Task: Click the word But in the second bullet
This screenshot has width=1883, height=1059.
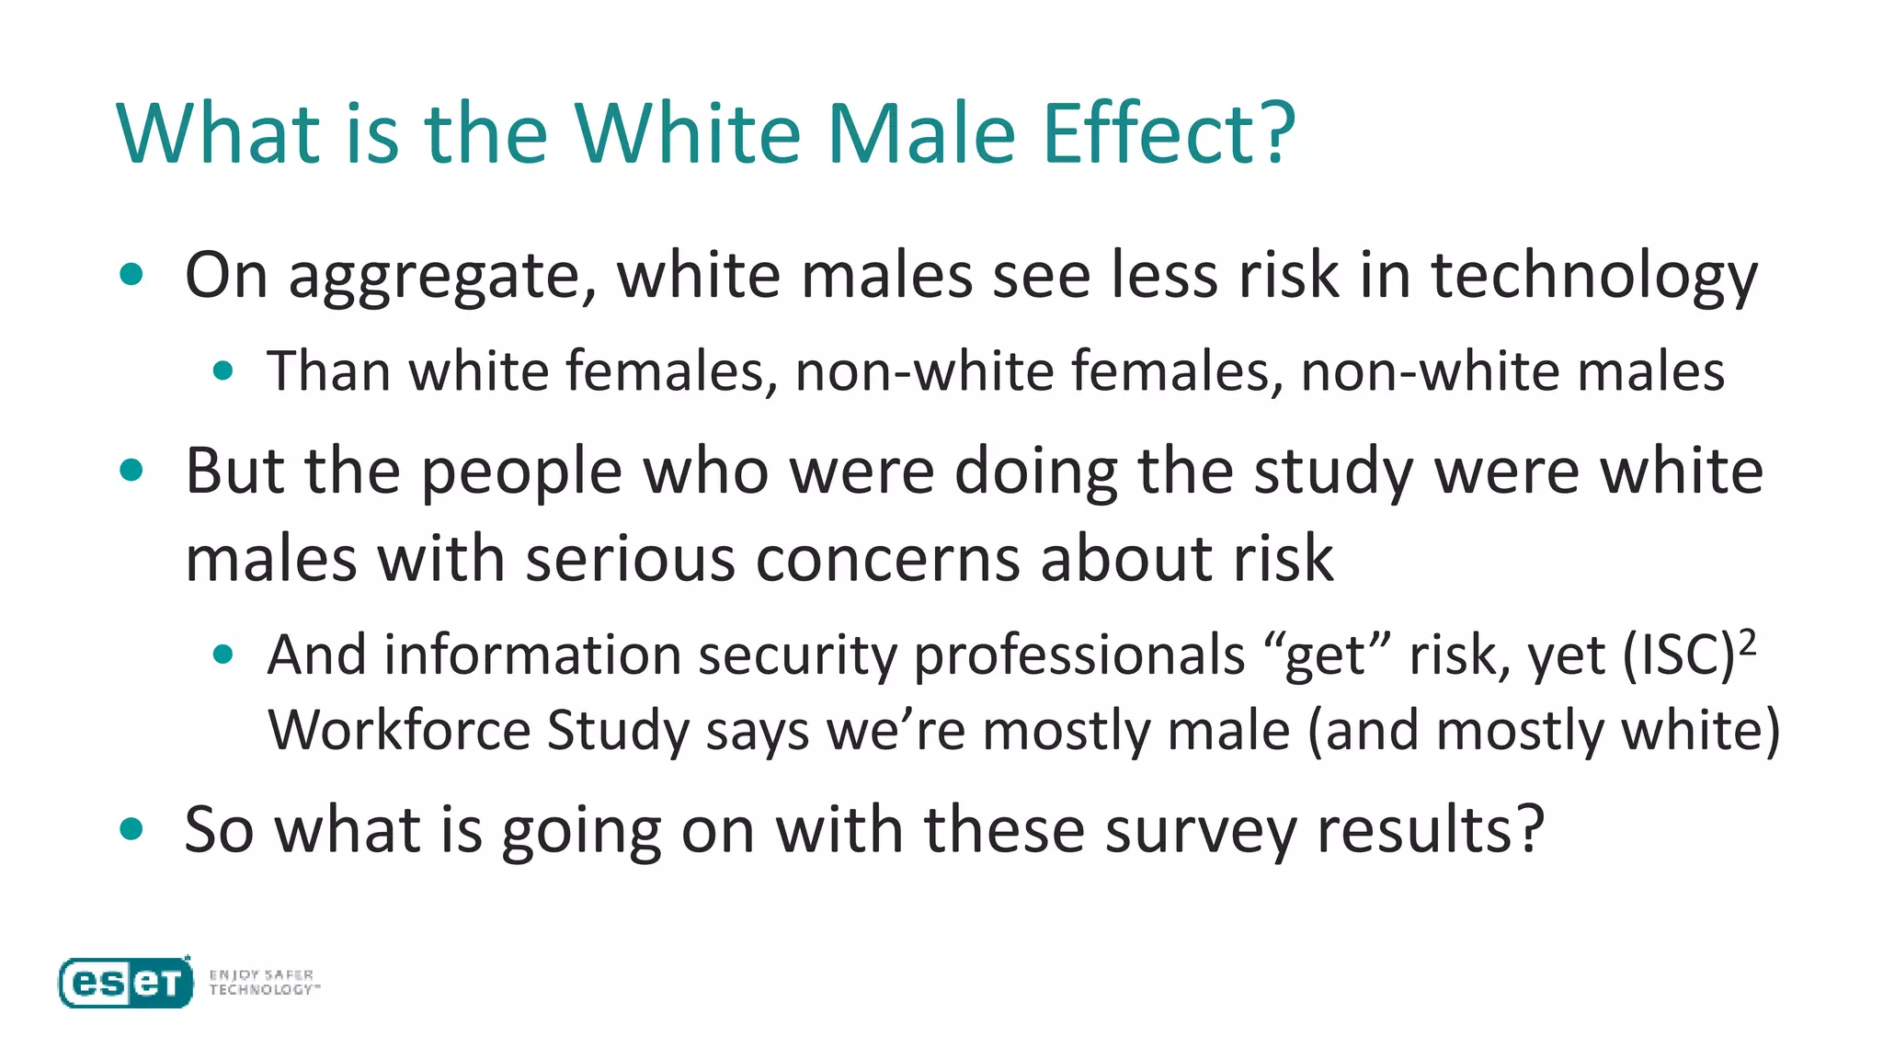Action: (x=234, y=471)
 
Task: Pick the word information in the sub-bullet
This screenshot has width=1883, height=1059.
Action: (x=532, y=655)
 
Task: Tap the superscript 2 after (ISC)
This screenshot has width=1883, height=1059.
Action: (x=1747, y=642)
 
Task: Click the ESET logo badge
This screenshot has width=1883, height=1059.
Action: (x=126, y=983)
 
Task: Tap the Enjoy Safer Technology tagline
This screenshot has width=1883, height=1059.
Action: (x=264, y=982)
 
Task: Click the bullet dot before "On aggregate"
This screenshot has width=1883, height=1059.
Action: (x=132, y=274)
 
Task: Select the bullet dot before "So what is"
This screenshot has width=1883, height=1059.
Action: (x=132, y=829)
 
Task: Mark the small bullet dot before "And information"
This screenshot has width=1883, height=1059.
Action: (x=223, y=655)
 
